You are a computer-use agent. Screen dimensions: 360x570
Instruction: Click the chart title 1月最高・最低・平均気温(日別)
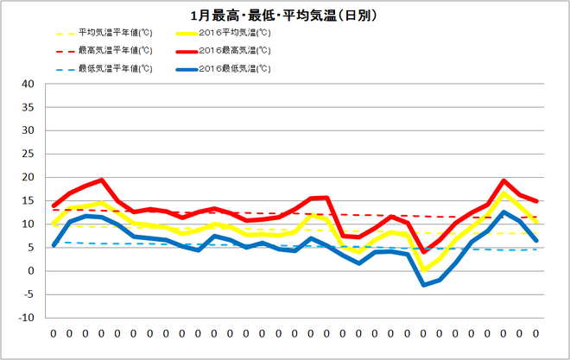pos(284,16)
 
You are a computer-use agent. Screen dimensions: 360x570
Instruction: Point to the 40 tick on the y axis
pos(28,85)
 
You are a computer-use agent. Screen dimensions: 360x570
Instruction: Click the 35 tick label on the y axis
pos(28,108)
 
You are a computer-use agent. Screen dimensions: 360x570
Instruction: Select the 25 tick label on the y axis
pos(28,155)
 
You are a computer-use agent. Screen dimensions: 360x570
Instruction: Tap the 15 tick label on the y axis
pos(28,201)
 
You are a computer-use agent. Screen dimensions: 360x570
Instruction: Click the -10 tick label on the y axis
pos(26,318)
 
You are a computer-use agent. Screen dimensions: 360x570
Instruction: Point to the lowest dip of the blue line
pos(423,285)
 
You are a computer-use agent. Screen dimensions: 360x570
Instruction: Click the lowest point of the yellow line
pos(423,270)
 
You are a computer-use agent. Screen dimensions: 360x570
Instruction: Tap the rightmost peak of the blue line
pos(503,212)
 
